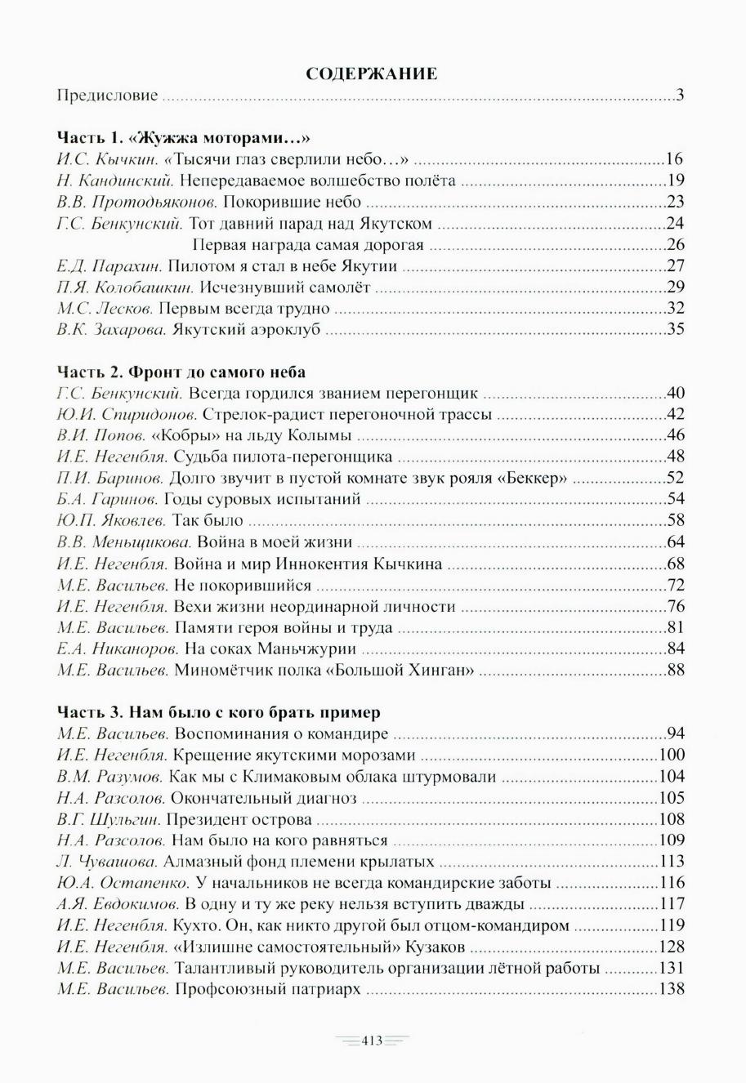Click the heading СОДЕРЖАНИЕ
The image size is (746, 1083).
tap(372, 74)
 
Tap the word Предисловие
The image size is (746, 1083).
tap(107, 96)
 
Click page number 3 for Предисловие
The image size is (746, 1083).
tap(680, 96)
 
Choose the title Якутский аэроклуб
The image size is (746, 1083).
tap(241, 329)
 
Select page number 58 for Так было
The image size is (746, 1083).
tap(675, 520)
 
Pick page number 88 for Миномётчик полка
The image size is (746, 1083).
tap(675, 671)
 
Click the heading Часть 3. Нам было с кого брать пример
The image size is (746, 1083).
tap(218, 713)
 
